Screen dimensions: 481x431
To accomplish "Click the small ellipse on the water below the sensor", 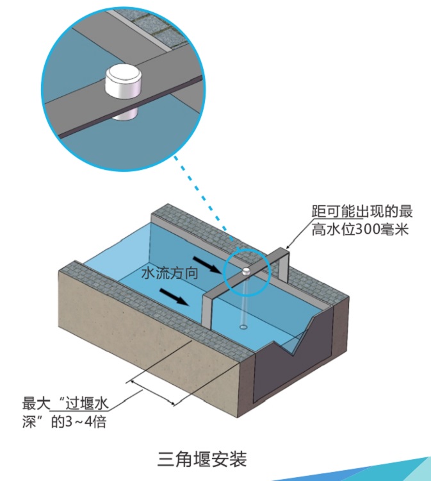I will click(244, 327).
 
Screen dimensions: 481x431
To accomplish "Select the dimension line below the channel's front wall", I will click(154, 392).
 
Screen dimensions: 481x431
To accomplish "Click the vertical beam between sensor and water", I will click(245, 301).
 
